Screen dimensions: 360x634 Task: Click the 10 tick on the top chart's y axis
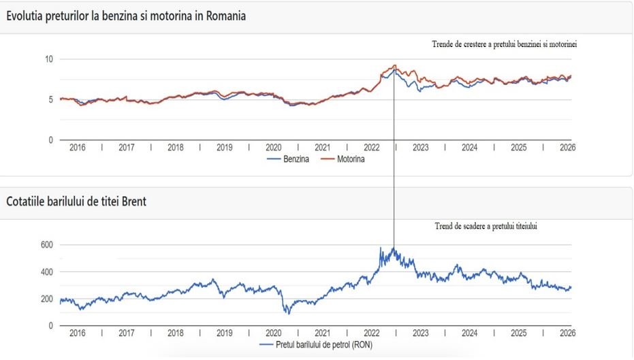pos(48,59)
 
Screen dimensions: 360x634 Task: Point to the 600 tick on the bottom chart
pos(46,244)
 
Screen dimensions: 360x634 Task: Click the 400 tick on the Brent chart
pos(46,272)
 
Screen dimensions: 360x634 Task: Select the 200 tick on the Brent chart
pos(46,299)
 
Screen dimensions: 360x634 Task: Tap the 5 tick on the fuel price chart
pos(50,99)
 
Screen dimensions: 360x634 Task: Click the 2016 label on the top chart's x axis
pos(78,147)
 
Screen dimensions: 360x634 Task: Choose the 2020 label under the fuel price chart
pos(273,147)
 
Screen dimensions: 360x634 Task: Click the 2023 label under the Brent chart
pos(420,333)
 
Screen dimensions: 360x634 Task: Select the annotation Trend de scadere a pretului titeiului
pos(486,225)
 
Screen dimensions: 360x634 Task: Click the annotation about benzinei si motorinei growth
pos(509,44)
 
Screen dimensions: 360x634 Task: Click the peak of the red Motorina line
pos(394,65)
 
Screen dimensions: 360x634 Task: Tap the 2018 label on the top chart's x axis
pos(176,147)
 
